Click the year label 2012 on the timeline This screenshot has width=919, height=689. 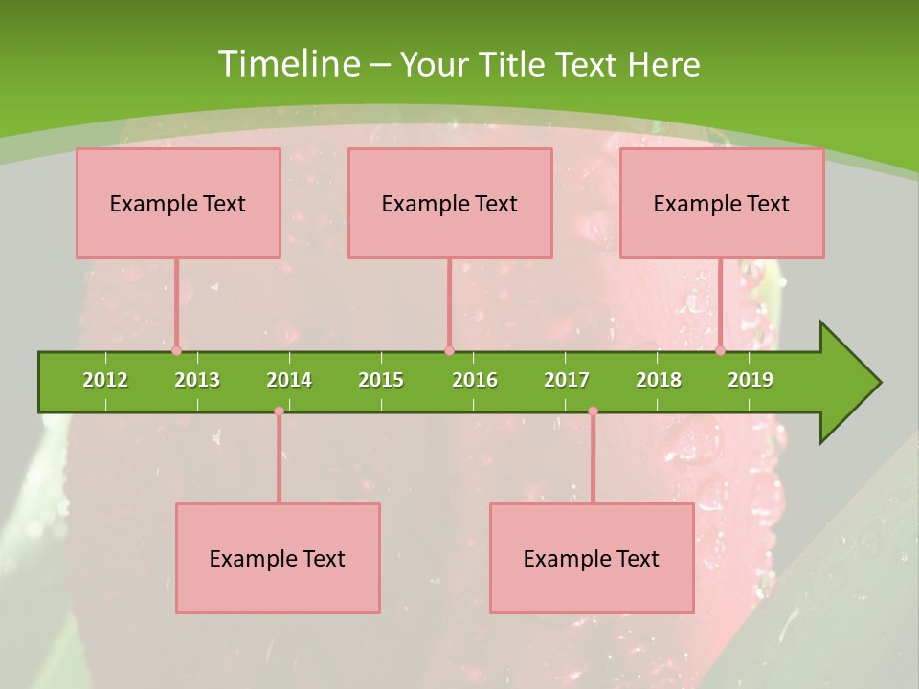click(x=105, y=380)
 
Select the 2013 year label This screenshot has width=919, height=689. click(x=197, y=380)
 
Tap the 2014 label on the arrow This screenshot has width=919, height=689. click(x=289, y=380)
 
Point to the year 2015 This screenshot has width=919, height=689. click(x=381, y=380)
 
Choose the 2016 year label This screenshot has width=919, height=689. click(x=475, y=380)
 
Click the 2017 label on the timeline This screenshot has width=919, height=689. click(x=567, y=380)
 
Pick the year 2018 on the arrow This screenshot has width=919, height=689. click(x=659, y=380)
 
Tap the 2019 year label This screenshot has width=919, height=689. click(x=751, y=380)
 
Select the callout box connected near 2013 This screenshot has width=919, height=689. click(x=178, y=203)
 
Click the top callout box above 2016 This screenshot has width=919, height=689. click(x=450, y=203)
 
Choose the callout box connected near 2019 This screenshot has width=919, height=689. click(x=722, y=203)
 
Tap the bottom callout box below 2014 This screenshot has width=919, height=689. click(x=278, y=558)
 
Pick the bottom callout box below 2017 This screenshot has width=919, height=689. click(x=592, y=558)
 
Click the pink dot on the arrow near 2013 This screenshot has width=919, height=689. click(x=176, y=351)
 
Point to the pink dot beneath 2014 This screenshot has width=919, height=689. click(x=279, y=411)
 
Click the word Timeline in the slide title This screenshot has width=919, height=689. click(x=288, y=64)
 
